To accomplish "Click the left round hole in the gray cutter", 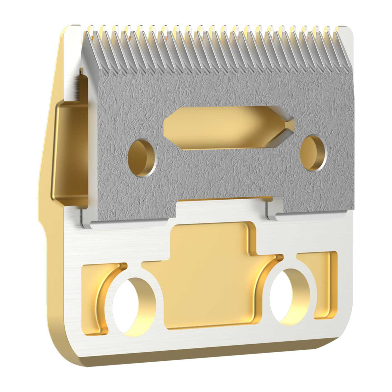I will (x=142, y=158).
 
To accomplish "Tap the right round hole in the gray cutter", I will (x=313, y=153).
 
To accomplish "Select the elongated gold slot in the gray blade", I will (x=220, y=128).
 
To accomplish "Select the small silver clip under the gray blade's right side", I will (x=274, y=210).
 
